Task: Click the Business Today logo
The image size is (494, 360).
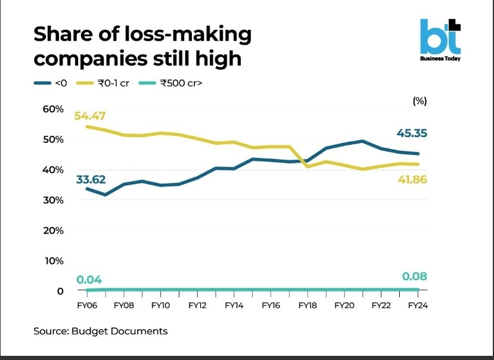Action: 440,41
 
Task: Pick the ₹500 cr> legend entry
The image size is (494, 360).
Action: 173,83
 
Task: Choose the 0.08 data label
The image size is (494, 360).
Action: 415,277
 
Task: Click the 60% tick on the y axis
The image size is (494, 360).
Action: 52,108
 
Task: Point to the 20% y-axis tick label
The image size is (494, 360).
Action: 52,230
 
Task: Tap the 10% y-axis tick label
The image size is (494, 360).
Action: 52,260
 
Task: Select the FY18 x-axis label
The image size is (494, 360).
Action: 308,305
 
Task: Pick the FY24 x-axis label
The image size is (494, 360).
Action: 417,305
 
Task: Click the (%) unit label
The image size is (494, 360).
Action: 420,101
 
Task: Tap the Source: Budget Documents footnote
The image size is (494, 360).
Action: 101,331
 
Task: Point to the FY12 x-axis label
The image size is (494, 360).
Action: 197,305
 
